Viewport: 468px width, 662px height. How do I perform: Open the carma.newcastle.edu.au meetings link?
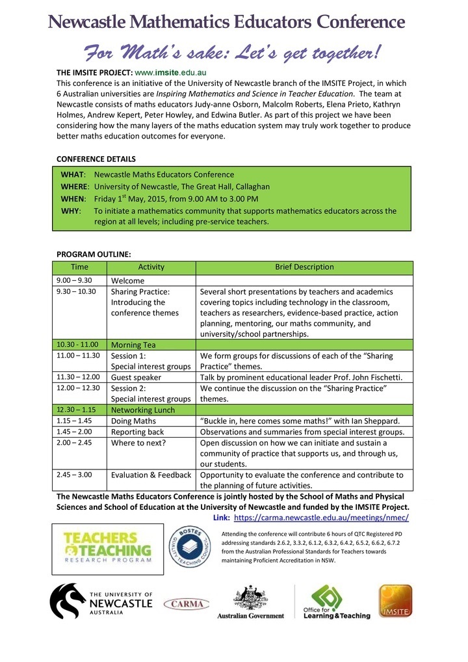(321, 517)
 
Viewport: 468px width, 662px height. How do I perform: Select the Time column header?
(79, 267)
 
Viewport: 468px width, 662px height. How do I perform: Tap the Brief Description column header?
(304, 267)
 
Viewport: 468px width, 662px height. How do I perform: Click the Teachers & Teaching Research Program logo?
(108, 547)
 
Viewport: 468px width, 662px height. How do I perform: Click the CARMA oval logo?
(187, 604)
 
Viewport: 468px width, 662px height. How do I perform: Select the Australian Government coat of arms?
(250, 597)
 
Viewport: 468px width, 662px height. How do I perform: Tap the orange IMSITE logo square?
(395, 601)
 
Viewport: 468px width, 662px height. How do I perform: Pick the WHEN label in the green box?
(73, 199)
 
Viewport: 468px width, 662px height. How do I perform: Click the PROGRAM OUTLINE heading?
(94, 254)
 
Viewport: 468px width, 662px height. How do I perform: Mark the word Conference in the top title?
(360, 22)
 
